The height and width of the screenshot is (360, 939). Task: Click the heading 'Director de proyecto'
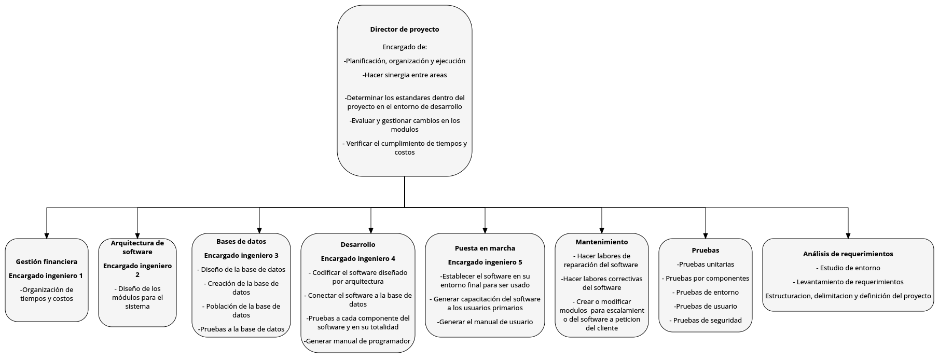click(x=404, y=30)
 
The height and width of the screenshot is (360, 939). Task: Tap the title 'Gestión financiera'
click(x=47, y=262)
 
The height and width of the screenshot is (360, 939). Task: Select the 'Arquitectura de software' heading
click(x=137, y=247)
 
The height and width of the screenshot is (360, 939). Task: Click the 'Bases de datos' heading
click(x=241, y=242)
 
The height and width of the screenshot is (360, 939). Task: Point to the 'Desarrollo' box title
click(x=358, y=245)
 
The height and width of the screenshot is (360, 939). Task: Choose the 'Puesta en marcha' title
click(x=485, y=248)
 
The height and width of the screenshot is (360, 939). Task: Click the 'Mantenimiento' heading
click(x=602, y=242)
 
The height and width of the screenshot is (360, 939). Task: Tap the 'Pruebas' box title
click(x=706, y=251)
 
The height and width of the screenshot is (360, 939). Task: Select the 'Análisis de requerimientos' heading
click(x=848, y=254)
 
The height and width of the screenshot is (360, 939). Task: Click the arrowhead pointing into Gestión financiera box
click(x=47, y=236)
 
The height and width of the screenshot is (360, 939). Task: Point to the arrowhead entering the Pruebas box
click(x=706, y=236)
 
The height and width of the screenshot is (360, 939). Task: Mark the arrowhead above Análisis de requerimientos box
click(x=848, y=236)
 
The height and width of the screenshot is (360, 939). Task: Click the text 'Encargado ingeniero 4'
click(x=358, y=259)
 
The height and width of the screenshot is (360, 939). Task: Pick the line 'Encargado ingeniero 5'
click(x=485, y=262)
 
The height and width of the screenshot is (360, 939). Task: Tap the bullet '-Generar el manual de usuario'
click(x=485, y=322)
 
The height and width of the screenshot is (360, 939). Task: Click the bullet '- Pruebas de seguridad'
click(x=706, y=321)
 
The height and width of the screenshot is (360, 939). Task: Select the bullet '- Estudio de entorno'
click(x=848, y=268)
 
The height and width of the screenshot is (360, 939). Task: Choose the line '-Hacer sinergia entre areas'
click(x=405, y=75)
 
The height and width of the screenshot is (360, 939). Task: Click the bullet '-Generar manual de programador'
click(x=358, y=341)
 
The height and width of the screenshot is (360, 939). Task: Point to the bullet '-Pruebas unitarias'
click(x=706, y=265)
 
